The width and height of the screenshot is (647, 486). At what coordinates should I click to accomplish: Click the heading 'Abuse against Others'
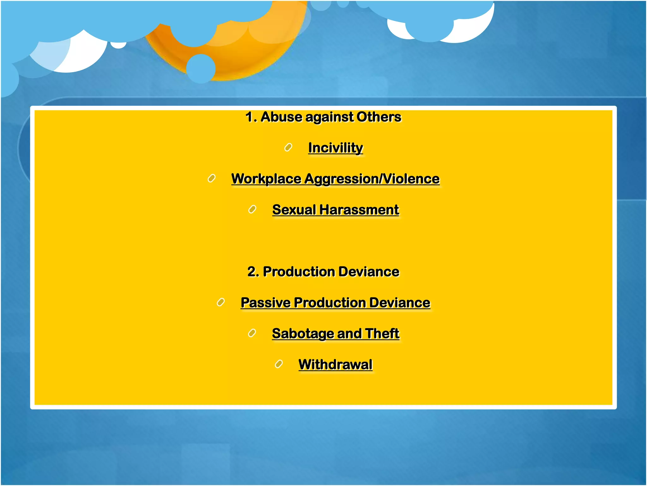(x=323, y=117)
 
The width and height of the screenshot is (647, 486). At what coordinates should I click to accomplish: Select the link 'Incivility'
(x=336, y=148)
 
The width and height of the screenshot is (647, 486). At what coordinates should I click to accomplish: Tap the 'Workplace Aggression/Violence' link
(x=335, y=179)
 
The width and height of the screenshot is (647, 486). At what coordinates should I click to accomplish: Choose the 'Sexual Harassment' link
(x=336, y=210)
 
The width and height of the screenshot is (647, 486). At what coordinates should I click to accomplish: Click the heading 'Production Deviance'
(x=323, y=272)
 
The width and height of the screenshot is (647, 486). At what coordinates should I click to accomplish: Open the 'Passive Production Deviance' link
(x=335, y=303)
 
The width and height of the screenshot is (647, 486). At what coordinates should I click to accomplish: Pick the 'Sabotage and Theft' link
(x=336, y=333)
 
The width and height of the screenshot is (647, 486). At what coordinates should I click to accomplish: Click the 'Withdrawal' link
(x=335, y=364)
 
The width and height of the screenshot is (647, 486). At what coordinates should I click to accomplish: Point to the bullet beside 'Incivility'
(x=288, y=147)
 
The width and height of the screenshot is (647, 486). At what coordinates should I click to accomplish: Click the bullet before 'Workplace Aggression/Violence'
(x=211, y=178)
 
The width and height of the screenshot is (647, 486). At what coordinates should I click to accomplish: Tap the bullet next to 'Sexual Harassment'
(x=252, y=209)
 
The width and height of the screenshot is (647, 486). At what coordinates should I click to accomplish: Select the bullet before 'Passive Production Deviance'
(x=221, y=302)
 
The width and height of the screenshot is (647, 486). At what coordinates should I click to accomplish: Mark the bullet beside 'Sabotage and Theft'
(x=252, y=333)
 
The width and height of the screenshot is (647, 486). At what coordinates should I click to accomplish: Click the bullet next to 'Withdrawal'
(x=279, y=364)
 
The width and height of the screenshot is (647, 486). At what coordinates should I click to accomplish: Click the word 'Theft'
(x=382, y=333)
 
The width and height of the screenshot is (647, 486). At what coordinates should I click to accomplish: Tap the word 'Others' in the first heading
(x=379, y=117)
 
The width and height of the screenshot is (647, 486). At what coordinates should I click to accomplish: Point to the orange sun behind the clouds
(x=240, y=54)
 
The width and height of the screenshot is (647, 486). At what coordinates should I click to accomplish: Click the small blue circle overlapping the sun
(x=201, y=69)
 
